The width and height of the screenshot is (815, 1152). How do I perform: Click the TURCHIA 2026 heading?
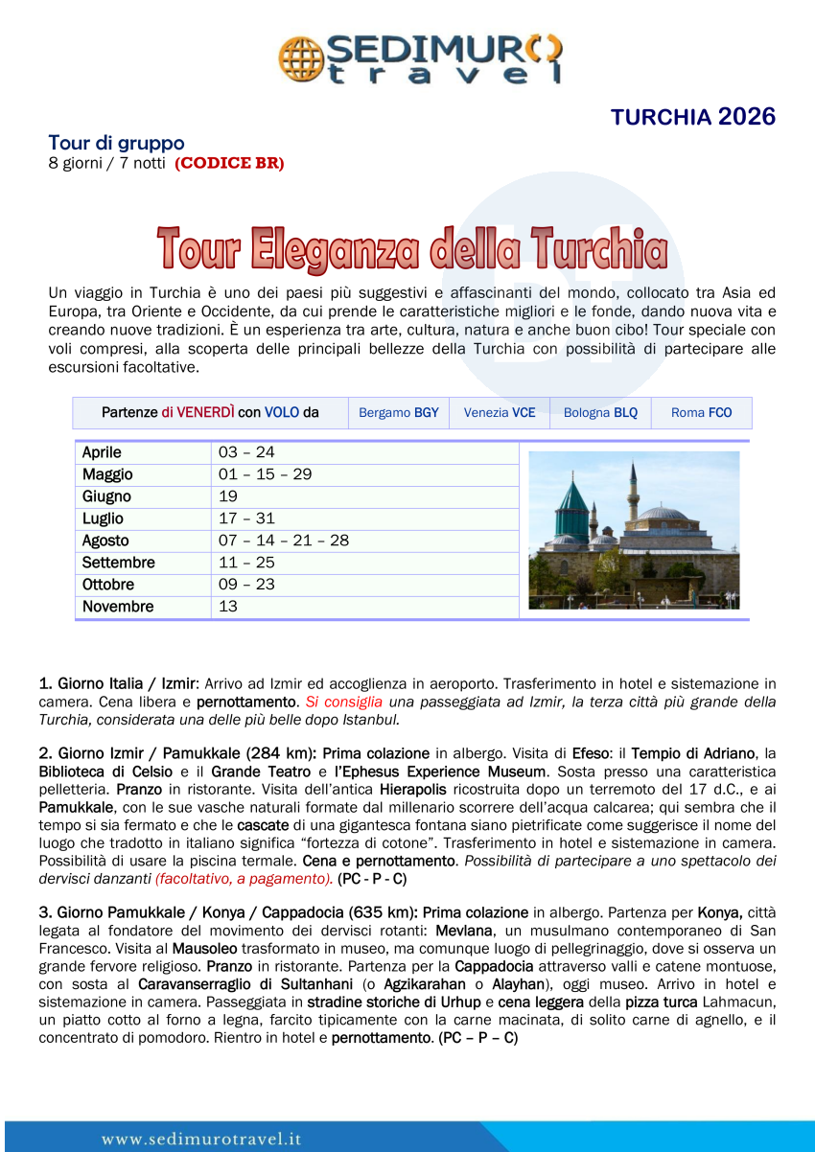click(x=692, y=117)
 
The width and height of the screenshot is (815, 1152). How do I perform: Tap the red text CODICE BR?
click(x=229, y=163)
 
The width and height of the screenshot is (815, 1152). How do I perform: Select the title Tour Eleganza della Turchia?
click(x=412, y=248)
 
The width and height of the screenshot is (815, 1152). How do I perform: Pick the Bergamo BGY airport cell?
click(x=398, y=413)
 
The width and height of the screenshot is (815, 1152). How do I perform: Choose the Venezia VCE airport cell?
click(x=500, y=413)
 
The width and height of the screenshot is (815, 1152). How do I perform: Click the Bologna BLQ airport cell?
click(x=600, y=413)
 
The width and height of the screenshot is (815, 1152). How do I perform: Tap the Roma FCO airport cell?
click(x=701, y=413)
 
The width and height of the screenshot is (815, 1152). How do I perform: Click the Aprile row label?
click(x=103, y=452)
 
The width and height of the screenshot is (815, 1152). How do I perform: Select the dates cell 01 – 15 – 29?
click(x=265, y=474)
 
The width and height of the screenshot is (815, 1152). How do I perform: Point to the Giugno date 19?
click(x=228, y=496)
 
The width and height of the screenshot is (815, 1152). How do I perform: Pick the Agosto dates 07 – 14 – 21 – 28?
click(x=284, y=541)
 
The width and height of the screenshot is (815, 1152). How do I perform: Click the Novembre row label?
click(x=118, y=607)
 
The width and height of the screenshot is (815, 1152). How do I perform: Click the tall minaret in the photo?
click(x=634, y=494)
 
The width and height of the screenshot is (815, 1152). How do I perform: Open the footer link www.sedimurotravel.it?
click(x=202, y=1140)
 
